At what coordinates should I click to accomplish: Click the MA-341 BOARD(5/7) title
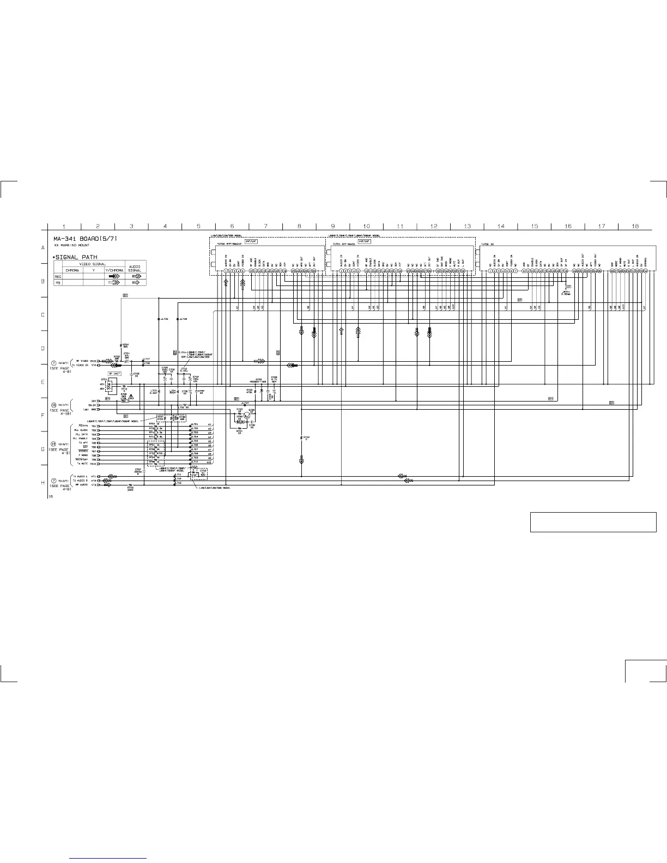point(84,239)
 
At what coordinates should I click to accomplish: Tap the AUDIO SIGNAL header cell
point(134,268)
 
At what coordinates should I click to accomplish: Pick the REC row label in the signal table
point(58,276)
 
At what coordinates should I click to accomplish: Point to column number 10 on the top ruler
point(366,226)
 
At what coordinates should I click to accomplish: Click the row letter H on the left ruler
point(43,483)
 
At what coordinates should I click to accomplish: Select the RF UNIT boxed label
point(114,373)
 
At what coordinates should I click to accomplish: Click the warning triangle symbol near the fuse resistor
point(131,397)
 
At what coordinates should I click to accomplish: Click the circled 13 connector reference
point(53,443)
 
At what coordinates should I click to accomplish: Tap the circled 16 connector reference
point(53,405)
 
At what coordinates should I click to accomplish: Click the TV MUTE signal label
point(82,464)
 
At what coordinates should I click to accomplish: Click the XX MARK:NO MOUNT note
point(71,246)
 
